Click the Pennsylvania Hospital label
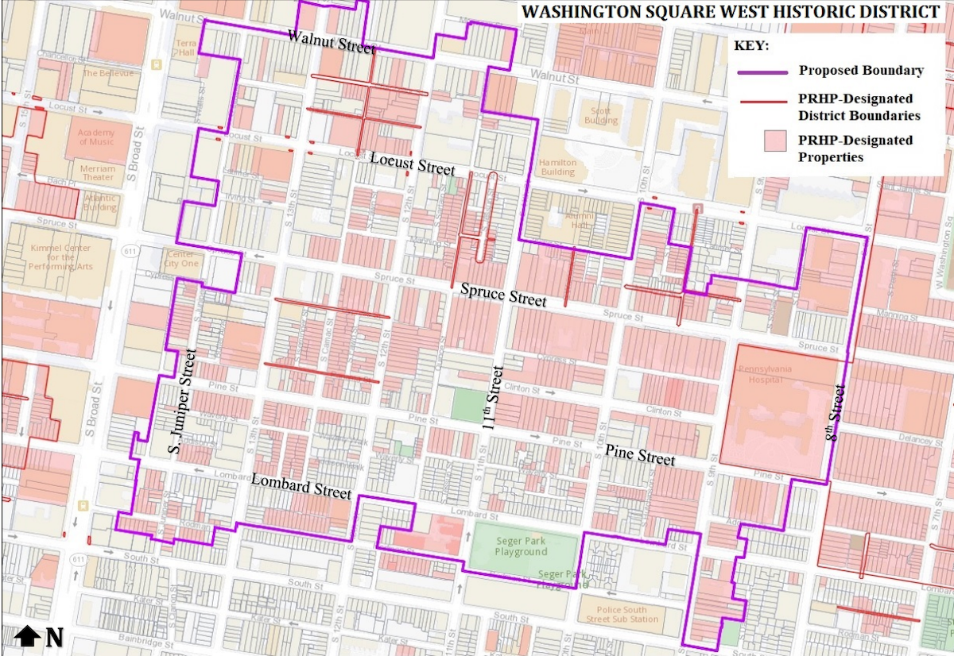pos(761,374)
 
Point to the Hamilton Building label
pos(557,167)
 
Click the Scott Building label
pos(601,116)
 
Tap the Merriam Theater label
pos(98,173)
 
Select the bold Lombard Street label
pos(301,486)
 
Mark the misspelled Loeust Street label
pos(413,164)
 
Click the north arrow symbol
pos(28,636)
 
